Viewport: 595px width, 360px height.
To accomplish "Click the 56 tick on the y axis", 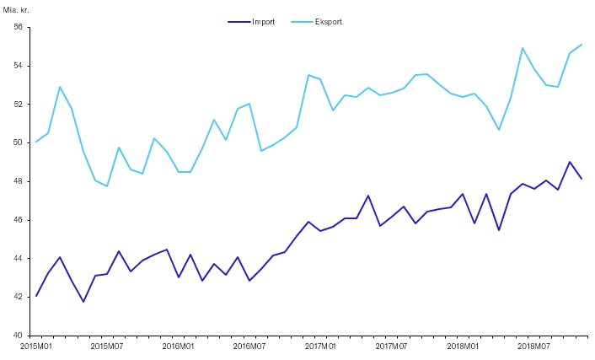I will [18, 27].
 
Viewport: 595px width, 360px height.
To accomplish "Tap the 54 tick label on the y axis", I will [18, 66].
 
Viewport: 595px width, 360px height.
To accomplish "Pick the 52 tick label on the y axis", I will [18, 105].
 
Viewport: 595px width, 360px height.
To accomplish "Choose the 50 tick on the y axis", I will [18, 142].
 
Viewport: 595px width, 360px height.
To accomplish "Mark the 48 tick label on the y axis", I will [18, 181].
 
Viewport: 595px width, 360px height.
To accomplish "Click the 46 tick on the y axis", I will [18, 220].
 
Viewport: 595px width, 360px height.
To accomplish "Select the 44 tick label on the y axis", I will [18, 258].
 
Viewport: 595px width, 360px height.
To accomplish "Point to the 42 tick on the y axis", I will [18, 297].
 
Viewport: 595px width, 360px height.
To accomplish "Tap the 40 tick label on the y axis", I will [18, 336].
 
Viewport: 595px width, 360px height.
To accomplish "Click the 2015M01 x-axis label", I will [35, 346].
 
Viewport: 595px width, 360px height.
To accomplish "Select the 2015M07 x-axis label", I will [107, 346].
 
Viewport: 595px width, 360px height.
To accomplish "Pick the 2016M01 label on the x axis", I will [179, 346].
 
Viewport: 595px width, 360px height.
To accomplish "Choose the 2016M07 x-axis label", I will [249, 346].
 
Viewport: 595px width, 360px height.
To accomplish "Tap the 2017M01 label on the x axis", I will [321, 346].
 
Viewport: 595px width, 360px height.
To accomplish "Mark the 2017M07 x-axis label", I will [392, 346].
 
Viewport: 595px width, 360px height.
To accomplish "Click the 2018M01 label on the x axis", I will [464, 346].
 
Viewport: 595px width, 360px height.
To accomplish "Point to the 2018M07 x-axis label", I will [534, 346].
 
